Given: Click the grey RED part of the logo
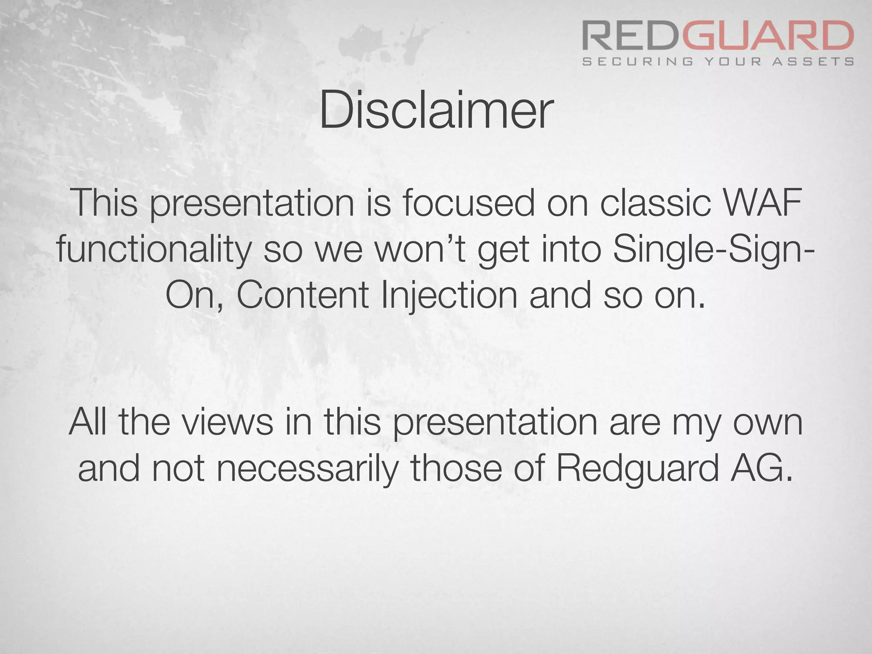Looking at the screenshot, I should [632, 37].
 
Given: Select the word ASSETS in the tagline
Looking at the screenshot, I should [813, 62].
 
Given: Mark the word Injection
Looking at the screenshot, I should [450, 296].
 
